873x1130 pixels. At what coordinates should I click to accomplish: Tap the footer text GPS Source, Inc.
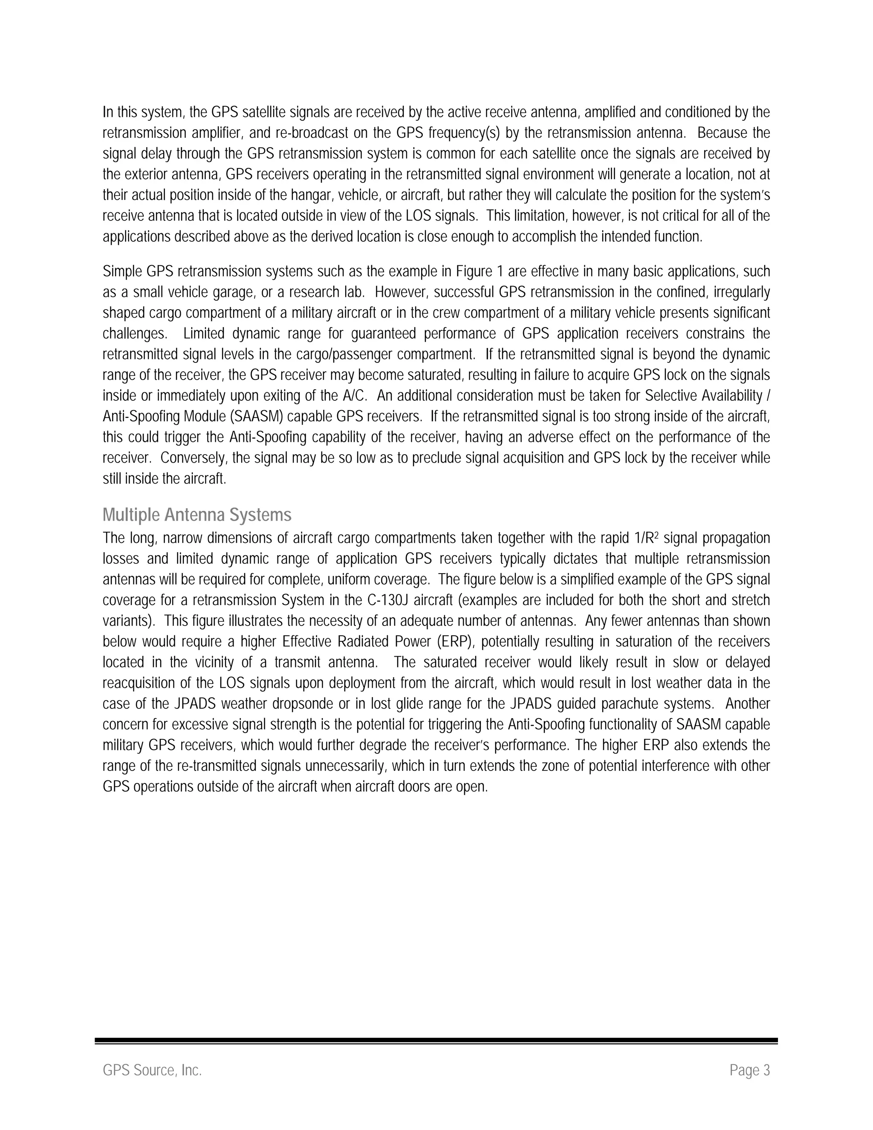[152, 1070]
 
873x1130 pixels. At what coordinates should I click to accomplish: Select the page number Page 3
[749, 1070]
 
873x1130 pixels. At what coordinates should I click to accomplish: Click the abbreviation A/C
[354, 396]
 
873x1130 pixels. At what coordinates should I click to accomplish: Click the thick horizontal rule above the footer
[436, 1040]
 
